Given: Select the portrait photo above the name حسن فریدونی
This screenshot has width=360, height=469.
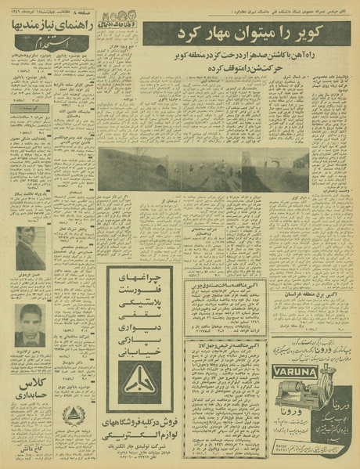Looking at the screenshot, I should click(30, 254).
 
